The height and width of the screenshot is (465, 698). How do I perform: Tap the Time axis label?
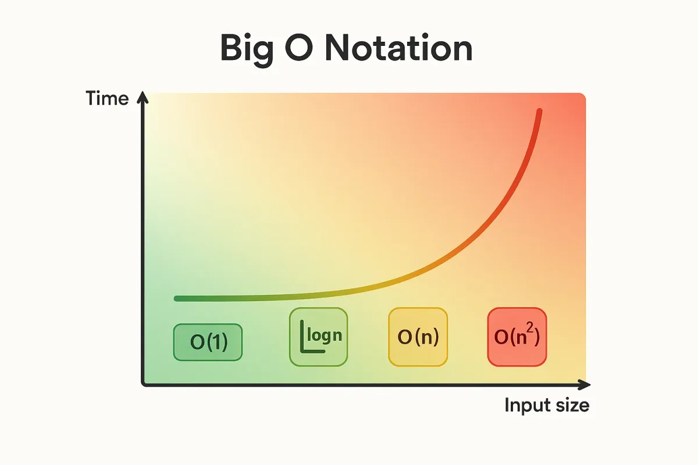point(107,98)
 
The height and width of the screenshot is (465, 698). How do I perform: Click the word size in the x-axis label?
point(571,405)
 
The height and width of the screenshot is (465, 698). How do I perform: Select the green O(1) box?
point(208,342)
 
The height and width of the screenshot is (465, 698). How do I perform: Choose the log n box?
point(318,337)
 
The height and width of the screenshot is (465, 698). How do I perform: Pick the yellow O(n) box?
point(418,337)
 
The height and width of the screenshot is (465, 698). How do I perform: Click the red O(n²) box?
point(517,337)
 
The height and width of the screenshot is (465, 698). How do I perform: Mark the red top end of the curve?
point(539,111)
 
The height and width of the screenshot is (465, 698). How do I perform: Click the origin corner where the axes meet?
point(143,384)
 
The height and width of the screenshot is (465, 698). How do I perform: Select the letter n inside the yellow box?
point(426,338)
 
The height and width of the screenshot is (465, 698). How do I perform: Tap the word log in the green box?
point(319,337)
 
